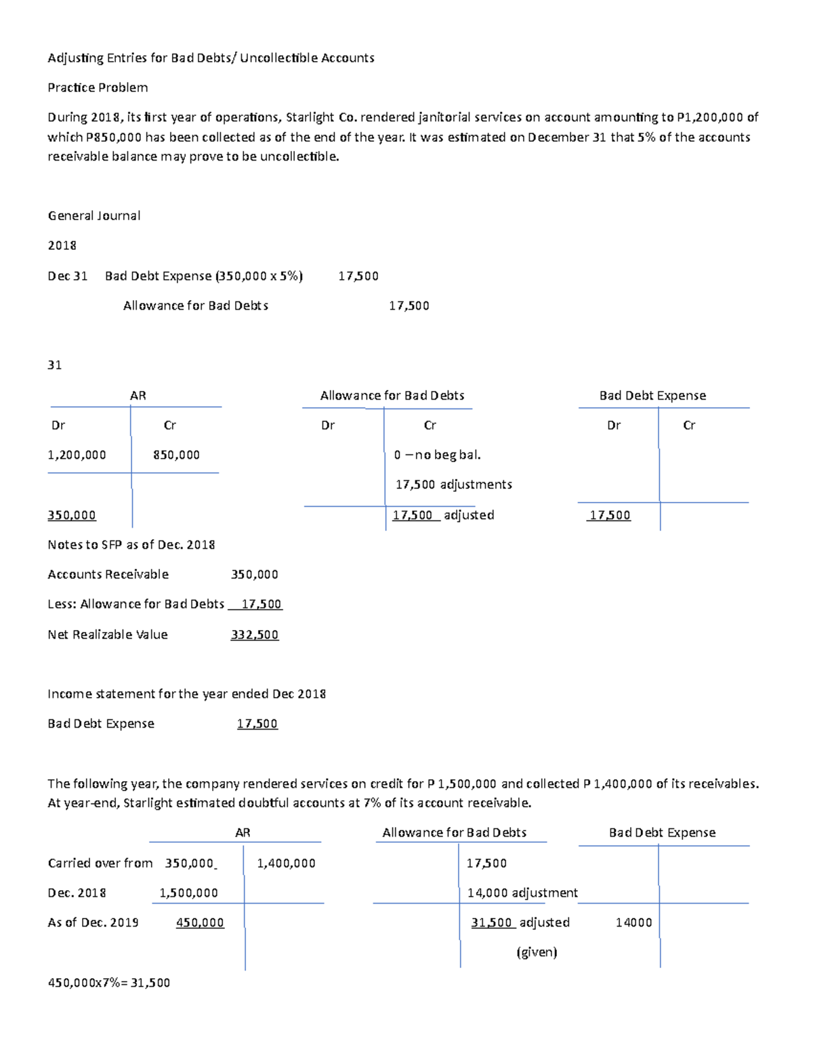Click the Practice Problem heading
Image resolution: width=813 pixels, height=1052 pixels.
coord(98,87)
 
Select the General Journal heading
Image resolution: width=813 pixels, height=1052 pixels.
coord(94,215)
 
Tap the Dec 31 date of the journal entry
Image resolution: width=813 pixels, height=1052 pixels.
coord(68,276)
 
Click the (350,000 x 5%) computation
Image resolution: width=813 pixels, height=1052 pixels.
coord(259,276)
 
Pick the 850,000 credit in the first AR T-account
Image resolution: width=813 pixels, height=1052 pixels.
coord(176,455)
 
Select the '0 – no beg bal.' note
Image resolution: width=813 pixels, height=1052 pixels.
coord(437,455)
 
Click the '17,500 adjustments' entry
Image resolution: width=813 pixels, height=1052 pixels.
coord(453,484)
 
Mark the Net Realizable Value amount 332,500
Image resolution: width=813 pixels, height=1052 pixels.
coord(255,635)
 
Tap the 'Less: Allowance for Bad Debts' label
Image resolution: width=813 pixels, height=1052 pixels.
coord(135,604)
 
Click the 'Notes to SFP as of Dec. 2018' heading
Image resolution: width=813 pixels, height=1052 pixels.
coord(131,545)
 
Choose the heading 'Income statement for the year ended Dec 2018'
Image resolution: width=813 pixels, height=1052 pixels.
coord(186,694)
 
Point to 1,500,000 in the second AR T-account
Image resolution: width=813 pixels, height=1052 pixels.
coord(188,893)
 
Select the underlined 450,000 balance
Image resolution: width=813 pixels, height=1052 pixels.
coord(200,923)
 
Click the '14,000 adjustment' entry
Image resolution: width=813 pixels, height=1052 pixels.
coord(522,893)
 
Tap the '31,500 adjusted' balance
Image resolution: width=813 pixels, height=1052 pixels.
coord(520,923)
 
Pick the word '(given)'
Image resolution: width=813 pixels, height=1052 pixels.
coord(537,952)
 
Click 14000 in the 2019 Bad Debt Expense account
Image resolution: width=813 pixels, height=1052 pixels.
coord(633,923)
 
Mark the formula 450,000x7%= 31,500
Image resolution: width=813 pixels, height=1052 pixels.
coord(108,982)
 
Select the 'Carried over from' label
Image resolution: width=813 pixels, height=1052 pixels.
coord(100,863)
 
